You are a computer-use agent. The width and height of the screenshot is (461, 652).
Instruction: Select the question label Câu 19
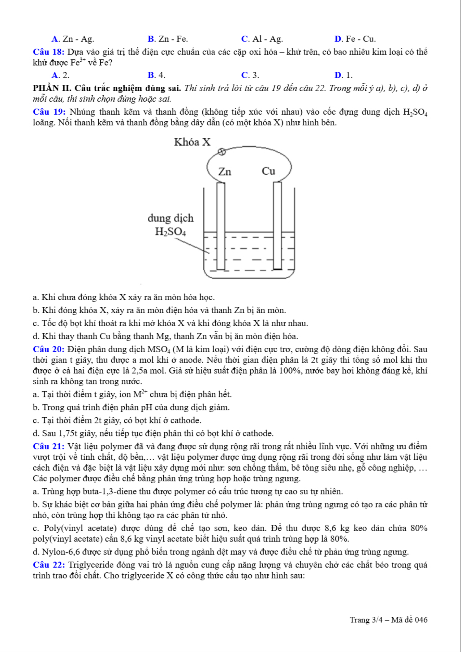49,112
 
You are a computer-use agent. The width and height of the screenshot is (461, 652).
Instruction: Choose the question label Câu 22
49,565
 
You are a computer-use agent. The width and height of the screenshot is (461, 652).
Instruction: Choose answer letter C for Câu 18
245,75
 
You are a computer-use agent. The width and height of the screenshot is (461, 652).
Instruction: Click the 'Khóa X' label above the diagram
192,142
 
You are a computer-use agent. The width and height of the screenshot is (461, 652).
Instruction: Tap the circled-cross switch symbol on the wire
222,152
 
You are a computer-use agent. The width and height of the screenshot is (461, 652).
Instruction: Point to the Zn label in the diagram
225,172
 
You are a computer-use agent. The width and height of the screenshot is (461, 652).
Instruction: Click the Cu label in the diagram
268,171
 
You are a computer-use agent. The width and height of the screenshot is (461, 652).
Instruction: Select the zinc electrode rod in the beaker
221,226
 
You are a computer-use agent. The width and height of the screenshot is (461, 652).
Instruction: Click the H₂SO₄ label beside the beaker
170,232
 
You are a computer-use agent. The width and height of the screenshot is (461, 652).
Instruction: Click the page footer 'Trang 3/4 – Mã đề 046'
388,620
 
